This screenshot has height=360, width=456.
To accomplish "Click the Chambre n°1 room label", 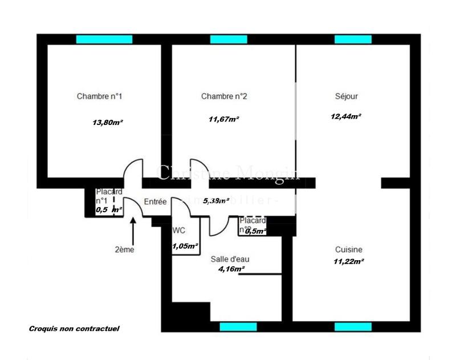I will point(100,96).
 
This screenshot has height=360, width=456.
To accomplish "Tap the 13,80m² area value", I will point(108,122).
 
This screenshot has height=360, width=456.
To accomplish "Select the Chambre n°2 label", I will point(224,96).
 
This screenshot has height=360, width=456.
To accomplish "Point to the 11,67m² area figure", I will point(224,119).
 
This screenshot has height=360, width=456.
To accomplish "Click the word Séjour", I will point(347,96).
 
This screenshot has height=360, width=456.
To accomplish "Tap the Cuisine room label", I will point(349,249).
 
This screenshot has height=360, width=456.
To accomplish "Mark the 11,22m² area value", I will point(349,261).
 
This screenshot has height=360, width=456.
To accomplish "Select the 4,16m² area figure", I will point(231,269).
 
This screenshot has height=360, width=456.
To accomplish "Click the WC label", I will point(178,231).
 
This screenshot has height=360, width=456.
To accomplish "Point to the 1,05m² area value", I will point(185,246).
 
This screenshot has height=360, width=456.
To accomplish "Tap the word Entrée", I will point(155,202).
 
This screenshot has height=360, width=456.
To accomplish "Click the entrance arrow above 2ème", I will point(133,231).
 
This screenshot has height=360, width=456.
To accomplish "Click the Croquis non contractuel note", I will point(74,329).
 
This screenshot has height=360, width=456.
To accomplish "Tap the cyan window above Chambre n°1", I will point(104,39).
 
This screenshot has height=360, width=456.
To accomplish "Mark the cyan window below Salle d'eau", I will point(238,327).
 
